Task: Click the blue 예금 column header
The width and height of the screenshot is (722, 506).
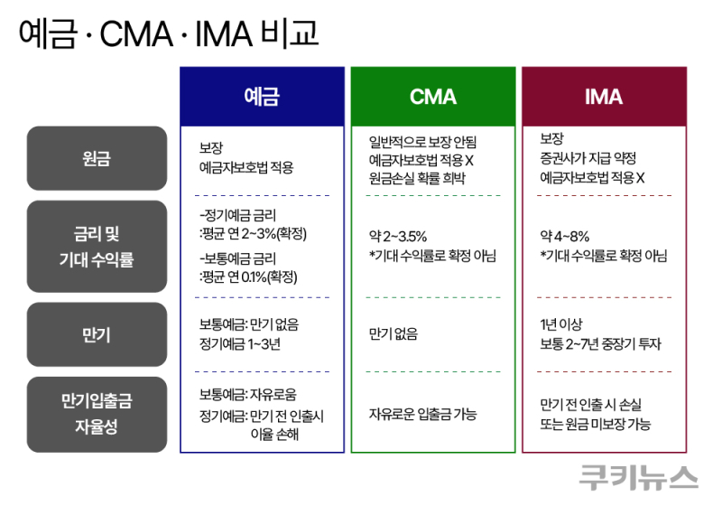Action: coord(262,97)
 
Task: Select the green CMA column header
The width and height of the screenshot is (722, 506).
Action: coord(433,97)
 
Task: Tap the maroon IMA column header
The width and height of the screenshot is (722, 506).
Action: coord(604,97)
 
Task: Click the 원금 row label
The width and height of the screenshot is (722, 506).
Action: coord(97,158)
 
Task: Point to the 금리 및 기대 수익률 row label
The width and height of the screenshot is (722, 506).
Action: coord(97,246)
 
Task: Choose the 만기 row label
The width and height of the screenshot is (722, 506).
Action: coord(97,334)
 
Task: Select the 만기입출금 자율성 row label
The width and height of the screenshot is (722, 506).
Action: coord(97,415)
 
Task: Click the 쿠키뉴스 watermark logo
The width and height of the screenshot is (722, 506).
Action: coord(638,477)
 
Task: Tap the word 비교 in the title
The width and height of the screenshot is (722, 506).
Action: coord(289,33)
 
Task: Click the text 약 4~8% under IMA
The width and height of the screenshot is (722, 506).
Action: coord(565,237)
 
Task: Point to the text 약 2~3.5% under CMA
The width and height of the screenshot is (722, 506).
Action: coord(398,237)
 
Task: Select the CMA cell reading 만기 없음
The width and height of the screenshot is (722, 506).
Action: coord(393,333)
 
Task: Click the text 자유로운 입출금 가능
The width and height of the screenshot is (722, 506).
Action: coord(422,414)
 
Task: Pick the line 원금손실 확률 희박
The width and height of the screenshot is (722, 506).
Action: coord(417,178)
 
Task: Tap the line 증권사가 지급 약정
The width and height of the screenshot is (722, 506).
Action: coord(588,158)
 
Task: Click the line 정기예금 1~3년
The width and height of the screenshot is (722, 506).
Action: coord(240,343)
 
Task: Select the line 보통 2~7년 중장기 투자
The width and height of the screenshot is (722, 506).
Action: coord(600,343)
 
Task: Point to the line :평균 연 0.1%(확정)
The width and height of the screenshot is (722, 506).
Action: coord(248,277)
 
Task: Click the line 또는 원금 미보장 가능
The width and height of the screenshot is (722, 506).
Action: coord(596,424)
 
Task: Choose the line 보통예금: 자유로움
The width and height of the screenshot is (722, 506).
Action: coord(247,395)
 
